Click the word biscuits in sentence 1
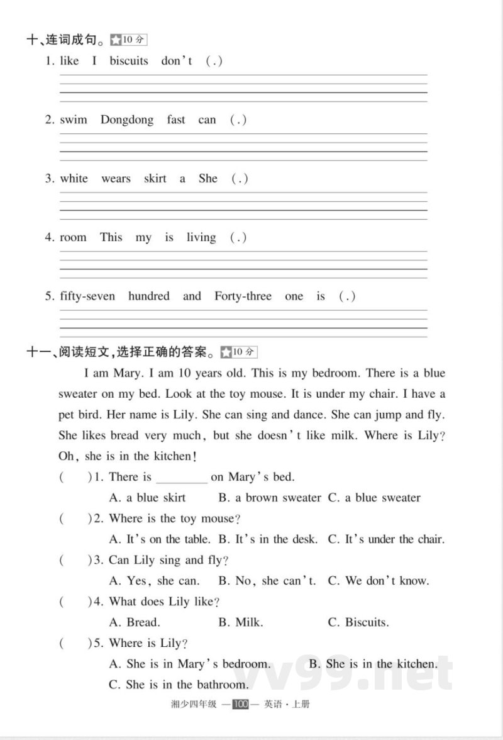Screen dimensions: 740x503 [129, 61]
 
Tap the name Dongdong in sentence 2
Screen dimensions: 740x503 [126, 120]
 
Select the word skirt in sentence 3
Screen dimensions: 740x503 [155, 179]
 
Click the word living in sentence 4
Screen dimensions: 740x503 [201, 238]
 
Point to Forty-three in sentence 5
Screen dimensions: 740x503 [243, 296]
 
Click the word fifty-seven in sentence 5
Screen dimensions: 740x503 [87, 296]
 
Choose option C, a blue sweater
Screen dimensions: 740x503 [375, 498]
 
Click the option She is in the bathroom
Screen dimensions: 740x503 [179, 685]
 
